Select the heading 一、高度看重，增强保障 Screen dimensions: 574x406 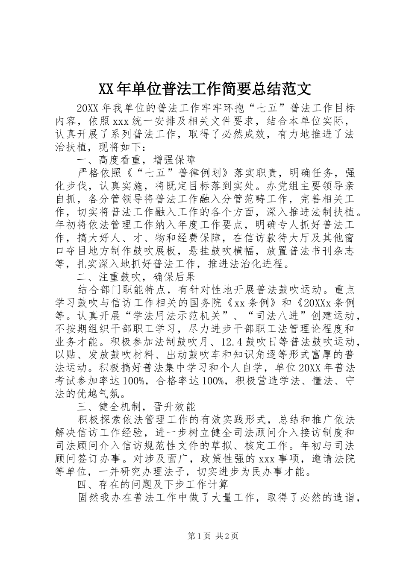[136, 160]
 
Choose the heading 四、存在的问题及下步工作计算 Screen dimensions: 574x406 [153, 484]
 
